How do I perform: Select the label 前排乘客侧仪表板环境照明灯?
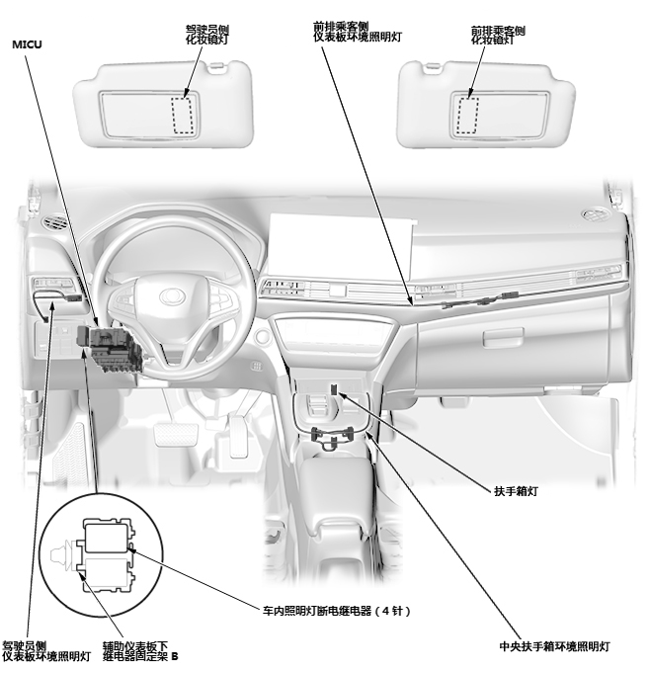tap(357, 30)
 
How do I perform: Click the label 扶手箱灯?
tap(516, 489)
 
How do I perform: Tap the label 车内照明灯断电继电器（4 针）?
tap(337, 611)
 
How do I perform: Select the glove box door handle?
tap(503, 337)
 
